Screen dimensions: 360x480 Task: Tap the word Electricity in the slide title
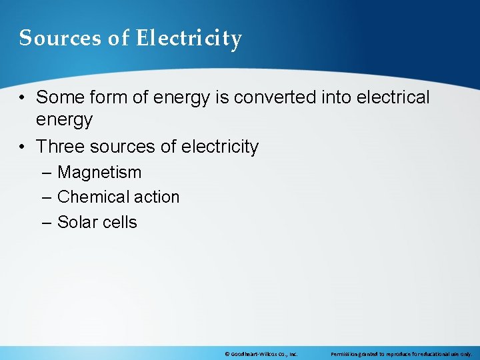(189, 39)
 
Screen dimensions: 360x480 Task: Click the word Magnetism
(99, 173)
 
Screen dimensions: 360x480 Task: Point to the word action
(155, 197)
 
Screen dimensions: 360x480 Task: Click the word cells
(119, 223)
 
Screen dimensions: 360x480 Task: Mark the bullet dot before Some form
(23, 98)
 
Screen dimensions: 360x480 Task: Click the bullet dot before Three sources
(23, 147)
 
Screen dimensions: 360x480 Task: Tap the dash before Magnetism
(45, 173)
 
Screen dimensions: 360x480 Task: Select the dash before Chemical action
(45, 197)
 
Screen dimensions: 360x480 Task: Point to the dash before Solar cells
(45, 223)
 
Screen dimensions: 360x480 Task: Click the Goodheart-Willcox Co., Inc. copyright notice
(261, 354)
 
